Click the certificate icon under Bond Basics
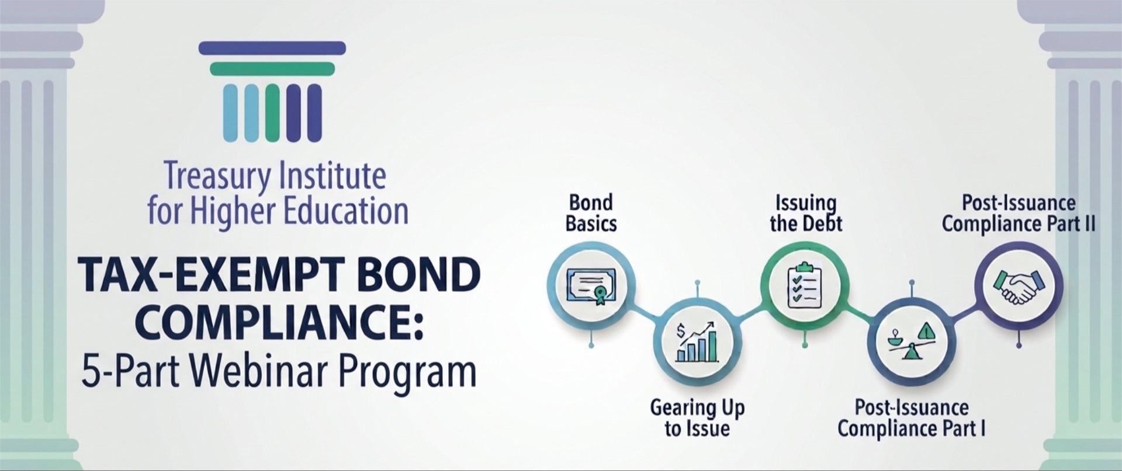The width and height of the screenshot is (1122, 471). [591, 287]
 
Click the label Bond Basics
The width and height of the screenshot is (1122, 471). [591, 213]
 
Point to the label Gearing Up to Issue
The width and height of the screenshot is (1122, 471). [697, 418]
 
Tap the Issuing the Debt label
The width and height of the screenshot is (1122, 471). [806, 213]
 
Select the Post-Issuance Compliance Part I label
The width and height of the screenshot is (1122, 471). [912, 418]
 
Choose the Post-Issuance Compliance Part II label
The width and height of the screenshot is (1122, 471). [1019, 213]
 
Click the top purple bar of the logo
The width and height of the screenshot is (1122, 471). [272, 48]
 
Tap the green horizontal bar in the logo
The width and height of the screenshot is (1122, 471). [272, 69]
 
